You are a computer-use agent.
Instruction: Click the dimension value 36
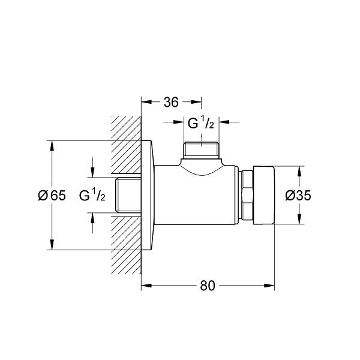(171, 102)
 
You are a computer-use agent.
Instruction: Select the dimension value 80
(208, 286)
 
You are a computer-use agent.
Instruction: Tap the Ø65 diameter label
(52, 196)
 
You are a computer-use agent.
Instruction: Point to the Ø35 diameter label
(298, 196)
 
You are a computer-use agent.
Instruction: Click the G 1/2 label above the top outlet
(201, 124)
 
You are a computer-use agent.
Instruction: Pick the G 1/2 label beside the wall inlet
(92, 196)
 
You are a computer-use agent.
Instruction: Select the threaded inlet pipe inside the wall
(128, 194)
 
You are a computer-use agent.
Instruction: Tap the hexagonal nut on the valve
(247, 195)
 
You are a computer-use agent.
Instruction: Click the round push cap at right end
(264, 195)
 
